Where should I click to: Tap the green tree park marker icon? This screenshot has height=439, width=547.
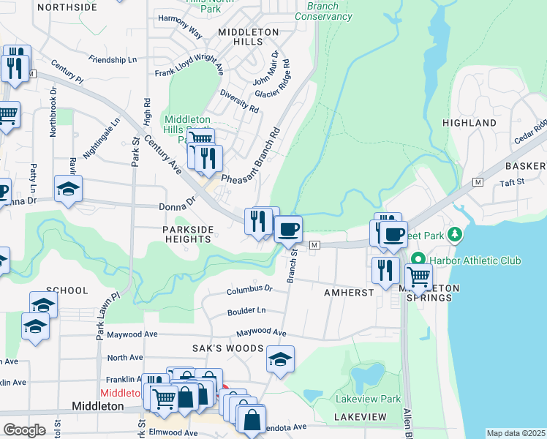pyautogui.click(x=455, y=234)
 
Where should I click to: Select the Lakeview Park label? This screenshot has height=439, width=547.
pyautogui.click(x=368, y=399)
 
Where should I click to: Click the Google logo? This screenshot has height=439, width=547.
pyautogui.click(x=24, y=430)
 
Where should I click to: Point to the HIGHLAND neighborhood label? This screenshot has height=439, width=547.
pyautogui.click(x=469, y=123)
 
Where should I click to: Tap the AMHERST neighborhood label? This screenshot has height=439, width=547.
pyautogui.click(x=349, y=291)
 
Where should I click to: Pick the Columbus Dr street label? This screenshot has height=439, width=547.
pyautogui.click(x=249, y=289)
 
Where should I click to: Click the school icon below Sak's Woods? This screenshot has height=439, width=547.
pyautogui.click(x=280, y=360)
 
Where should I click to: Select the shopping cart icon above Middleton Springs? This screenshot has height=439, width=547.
pyautogui.click(x=418, y=277)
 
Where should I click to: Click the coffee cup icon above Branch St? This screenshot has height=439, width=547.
pyautogui.click(x=288, y=229)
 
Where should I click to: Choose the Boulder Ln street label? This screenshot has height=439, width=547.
pyautogui.click(x=246, y=310)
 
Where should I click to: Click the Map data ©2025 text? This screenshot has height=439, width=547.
pyautogui.click(x=515, y=433)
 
